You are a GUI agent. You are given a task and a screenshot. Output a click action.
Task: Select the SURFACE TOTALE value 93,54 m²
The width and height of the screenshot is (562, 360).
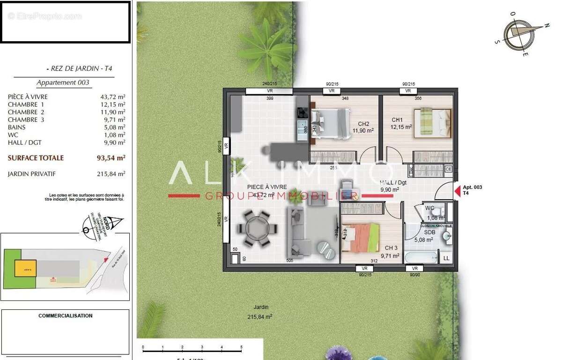[x=108, y=158]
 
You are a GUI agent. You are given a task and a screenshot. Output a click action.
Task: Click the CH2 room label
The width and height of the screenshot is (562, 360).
[x=364, y=124]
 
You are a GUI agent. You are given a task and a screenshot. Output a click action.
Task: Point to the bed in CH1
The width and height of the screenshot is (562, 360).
[x=432, y=123]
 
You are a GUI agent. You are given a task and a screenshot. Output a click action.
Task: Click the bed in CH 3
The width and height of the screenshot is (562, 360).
[x=361, y=237]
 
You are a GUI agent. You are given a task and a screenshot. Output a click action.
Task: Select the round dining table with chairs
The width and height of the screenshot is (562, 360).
[x=254, y=229]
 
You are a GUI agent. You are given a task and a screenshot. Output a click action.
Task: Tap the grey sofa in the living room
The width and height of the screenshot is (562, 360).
[x=300, y=231]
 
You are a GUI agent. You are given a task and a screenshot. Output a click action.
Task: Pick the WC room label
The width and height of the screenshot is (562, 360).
[x=429, y=208]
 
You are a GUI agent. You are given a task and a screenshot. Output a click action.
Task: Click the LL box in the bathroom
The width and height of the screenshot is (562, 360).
[x=446, y=258]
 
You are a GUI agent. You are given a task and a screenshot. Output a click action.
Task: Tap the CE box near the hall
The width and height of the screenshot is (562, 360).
[x=448, y=169]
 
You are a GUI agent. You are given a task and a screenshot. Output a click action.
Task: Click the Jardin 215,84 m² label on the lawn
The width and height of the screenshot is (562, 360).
[x=260, y=312]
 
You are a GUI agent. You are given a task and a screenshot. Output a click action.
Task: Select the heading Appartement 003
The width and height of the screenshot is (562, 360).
[x=63, y=82]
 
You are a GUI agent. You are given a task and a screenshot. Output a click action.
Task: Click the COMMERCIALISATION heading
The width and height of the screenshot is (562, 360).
[x=65, y=316]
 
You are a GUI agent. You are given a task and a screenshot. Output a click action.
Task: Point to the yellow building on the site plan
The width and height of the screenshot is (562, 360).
[x=25, y=269]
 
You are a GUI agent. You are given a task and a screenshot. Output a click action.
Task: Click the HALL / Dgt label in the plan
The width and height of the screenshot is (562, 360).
[x=389, y=183]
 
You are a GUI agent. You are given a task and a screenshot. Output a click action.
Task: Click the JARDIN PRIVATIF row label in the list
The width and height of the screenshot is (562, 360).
[x=31, y=174]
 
